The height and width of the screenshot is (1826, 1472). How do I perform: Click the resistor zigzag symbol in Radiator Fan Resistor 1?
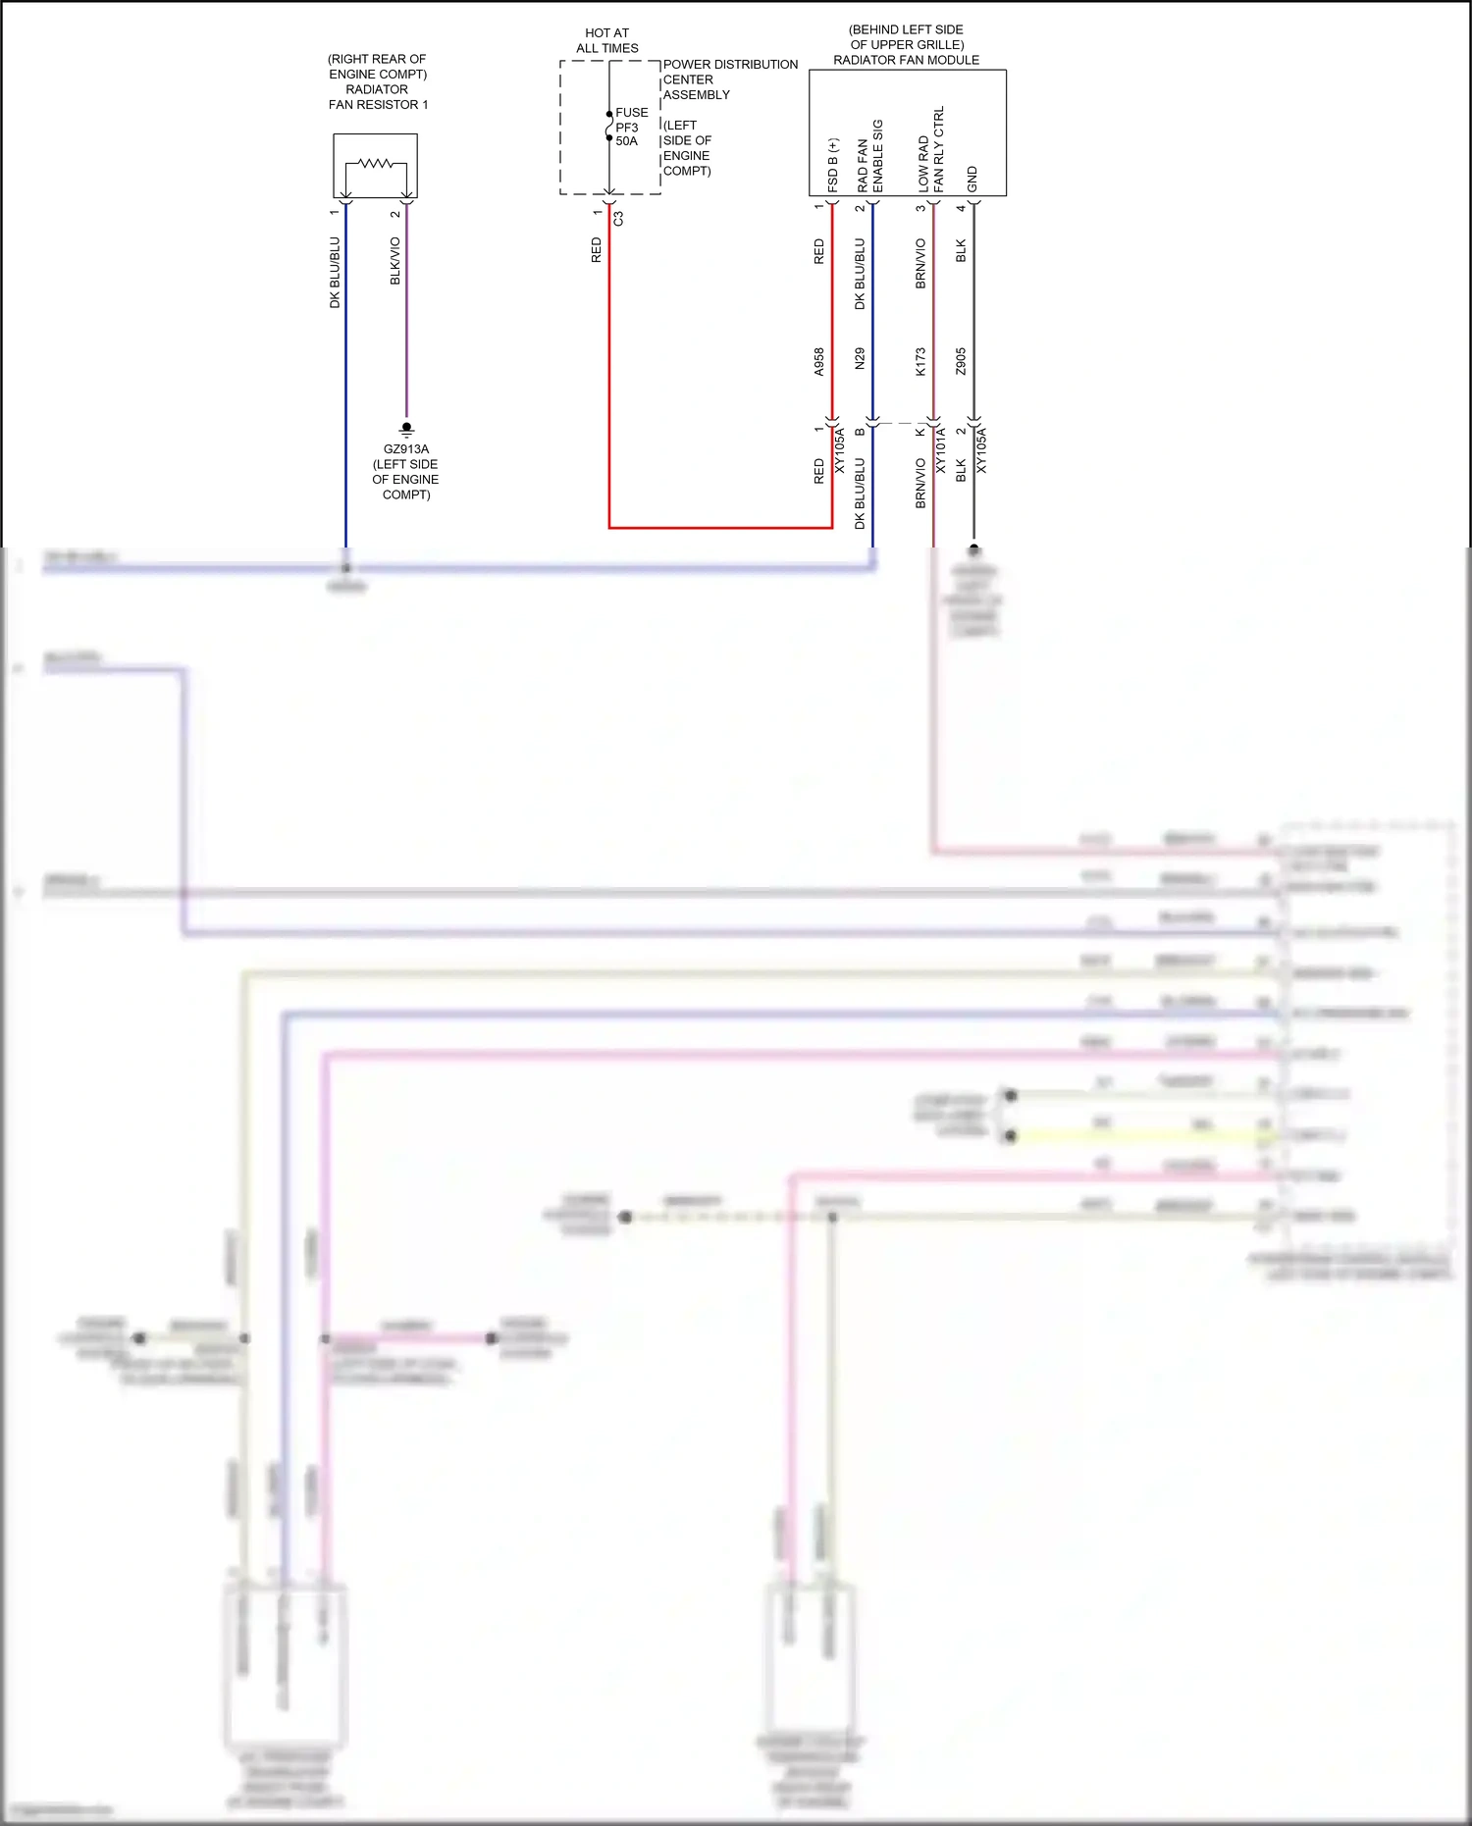(x=375, y=163)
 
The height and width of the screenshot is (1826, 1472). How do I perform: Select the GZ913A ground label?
(x=405, y=449)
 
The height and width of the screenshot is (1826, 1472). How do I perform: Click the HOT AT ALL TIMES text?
(x=607, y=40)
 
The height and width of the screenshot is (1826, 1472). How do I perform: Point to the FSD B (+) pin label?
(x=832, y=165)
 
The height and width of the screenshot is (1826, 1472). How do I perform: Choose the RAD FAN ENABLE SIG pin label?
(x=869, y=157)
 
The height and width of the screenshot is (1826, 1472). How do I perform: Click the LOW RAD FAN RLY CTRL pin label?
(x=930, y=150)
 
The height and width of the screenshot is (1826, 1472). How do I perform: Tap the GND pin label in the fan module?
(x=972, y=179)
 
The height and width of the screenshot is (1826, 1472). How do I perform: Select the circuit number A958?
(x=819, y=362)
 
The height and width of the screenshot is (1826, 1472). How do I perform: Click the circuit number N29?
(x=860, y=358)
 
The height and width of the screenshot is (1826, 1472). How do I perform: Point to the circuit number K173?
(x=920, y=362)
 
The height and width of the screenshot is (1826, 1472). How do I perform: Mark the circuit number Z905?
(x=961, y=361)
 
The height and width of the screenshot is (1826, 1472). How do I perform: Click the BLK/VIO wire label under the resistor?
(x=395, y=261)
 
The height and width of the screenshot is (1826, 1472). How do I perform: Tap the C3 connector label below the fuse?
(x=618, y=219)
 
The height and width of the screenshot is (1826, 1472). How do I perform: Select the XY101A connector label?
(x=940, y=450)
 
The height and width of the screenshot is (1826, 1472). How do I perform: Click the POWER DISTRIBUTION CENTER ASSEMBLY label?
(x=730, y=79)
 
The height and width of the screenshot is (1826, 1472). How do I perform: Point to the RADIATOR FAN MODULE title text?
(x=906, y=60)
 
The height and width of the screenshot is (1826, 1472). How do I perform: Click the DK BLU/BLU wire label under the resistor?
(x=335, y=273)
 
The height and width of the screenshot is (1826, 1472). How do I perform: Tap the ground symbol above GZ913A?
(x=406, y=429)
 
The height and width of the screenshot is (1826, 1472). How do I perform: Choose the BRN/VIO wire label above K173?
(x=920, y=264)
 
